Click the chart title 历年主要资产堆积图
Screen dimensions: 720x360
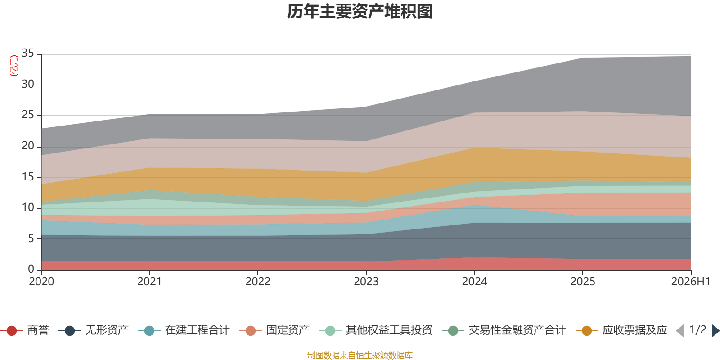pos(360,12)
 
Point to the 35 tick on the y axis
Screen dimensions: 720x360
pos(28,53)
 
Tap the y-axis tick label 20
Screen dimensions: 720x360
pos(28,146)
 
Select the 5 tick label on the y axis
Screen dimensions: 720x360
pos(31,238)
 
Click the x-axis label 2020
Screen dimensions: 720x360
pos(41,282)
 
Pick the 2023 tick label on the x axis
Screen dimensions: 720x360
pos(366,282)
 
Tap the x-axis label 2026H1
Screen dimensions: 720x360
pos(691,282)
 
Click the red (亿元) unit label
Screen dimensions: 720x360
pos(14,66)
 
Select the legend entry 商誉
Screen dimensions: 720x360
pos(25,330)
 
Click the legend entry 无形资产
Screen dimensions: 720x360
pos(94,330)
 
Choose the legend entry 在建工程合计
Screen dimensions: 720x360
pos(184,330)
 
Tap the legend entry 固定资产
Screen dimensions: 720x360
pos(274,330)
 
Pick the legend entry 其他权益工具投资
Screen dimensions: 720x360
pos(376,330)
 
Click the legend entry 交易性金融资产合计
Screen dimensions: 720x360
pos(504,330)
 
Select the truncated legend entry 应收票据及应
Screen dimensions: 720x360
pos(621,330)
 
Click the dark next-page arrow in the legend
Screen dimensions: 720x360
pos(715,330)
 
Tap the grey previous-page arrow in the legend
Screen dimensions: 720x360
pos(680,330)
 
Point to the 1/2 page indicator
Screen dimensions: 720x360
pos(698,330)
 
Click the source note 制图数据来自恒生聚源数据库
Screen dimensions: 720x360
pos(360,355)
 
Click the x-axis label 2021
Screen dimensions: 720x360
pos(149,282)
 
